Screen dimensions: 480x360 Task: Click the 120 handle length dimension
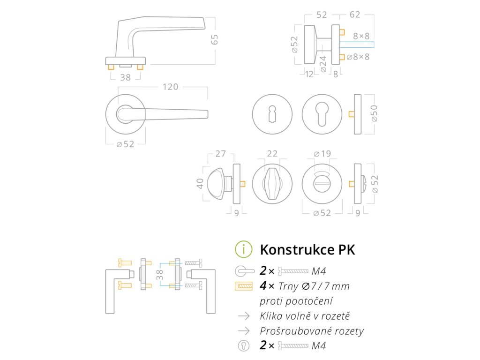[x=170, y=87]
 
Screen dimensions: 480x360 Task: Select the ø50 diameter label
[x=375, y=113]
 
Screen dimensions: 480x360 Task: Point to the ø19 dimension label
[x=322, y=153]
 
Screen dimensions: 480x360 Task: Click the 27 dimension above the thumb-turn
[x=220, y=153]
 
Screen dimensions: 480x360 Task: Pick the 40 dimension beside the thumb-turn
[x=201, y=183]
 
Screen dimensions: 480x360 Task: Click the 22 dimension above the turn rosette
[x=272, y=153]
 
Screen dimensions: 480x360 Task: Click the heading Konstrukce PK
[x=307, y=249]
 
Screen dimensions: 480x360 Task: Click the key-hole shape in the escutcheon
[x=272, y=114]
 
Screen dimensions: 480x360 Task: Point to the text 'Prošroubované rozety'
[x=312, y=331]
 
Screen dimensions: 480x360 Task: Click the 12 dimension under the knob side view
[x=309, y=74]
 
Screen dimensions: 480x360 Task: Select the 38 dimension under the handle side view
[x=125, y=78]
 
